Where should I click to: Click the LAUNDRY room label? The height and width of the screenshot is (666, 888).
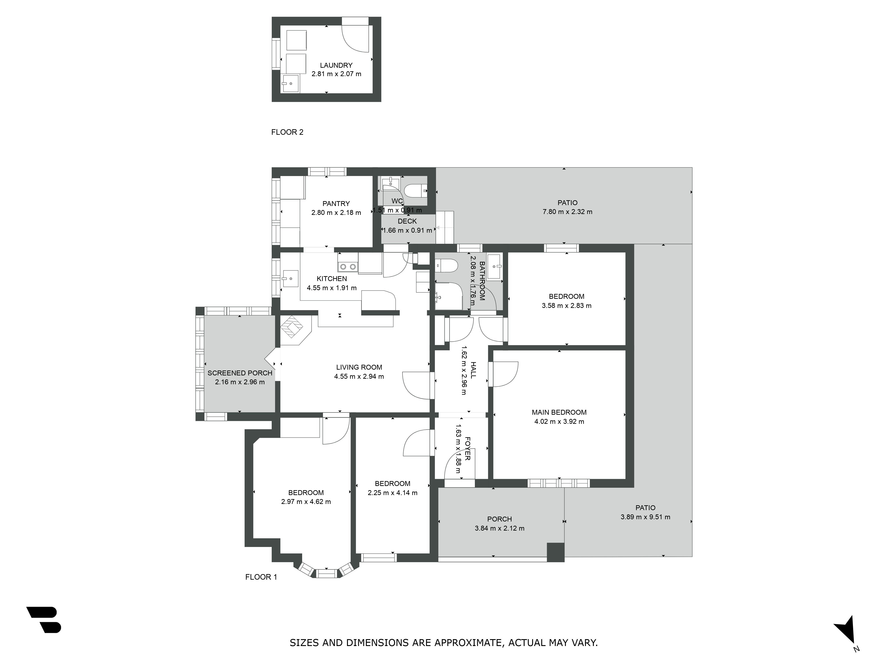tap(336, 65)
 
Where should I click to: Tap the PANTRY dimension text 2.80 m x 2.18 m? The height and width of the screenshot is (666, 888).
tap(336, 212)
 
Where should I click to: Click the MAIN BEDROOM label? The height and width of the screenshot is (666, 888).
tap(559, 412)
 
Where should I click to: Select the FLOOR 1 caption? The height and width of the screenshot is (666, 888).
tap(261, 577)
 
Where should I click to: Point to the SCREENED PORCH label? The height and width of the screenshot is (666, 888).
tap(240, 373)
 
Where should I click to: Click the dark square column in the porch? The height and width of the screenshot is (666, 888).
tap(556, 552)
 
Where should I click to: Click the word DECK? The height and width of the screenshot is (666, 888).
tap(407, 221)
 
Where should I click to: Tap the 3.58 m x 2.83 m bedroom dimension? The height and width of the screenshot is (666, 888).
tap(567, 305)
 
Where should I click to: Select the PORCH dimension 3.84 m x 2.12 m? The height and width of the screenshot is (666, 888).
tap(499, 528)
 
